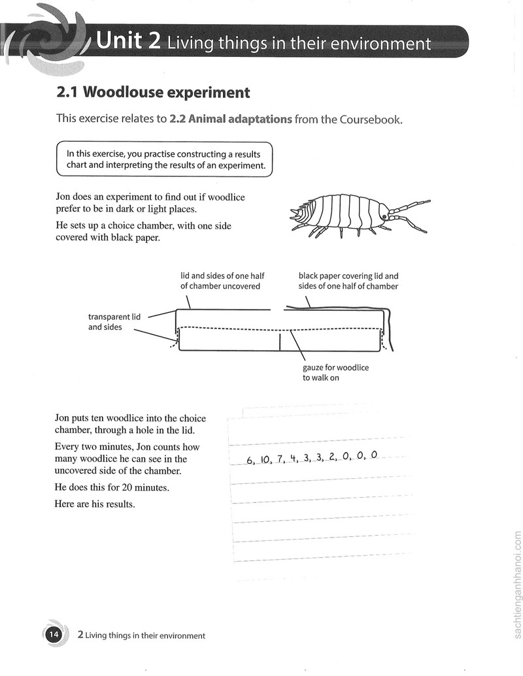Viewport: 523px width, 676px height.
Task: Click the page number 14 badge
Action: pos(54,635)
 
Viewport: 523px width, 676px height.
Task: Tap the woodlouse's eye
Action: pos(384,216)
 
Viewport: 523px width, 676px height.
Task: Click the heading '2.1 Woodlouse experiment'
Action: pos(153,92)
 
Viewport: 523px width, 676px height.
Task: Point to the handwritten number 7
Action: pos(280,459)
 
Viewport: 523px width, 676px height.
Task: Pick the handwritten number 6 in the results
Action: pos(250,460)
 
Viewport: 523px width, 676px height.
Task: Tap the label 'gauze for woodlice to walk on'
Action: pos(335,372)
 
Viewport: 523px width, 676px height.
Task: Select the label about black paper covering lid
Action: pos(348,281)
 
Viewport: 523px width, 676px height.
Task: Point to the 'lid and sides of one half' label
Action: pos(222,281)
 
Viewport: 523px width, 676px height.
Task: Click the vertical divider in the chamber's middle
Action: pos(280,341)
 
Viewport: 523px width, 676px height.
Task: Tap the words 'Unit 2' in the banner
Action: pos(128,40)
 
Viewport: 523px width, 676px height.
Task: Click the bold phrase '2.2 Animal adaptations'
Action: pos(230,119)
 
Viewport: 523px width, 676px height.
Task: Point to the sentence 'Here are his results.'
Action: pos(95,504)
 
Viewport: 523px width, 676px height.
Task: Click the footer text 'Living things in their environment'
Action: pos(145,636)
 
